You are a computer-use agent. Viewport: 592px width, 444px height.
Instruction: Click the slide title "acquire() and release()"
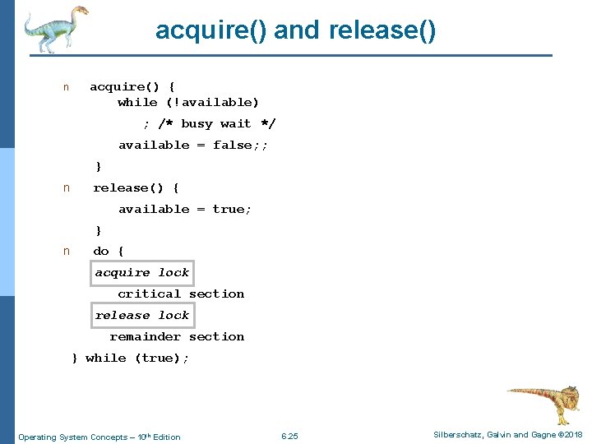point(296,30)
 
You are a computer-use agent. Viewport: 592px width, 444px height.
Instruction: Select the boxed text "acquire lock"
point(142,272)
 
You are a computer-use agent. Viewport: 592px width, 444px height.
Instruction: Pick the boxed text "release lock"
point(142,315)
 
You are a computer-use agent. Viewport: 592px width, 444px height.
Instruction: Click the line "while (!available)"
point(188,102)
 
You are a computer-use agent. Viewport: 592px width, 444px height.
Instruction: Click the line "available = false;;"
point(193,145)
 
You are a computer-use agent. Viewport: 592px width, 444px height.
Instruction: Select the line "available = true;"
point(185,209)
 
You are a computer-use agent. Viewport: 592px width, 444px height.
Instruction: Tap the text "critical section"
point(181,294)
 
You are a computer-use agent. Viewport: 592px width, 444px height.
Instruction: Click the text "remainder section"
point(177,336)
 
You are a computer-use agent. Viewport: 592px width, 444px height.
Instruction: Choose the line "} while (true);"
point(131,358)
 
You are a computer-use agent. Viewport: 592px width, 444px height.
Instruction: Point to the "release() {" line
point(136,187)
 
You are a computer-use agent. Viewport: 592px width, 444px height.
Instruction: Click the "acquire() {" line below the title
point(132,86)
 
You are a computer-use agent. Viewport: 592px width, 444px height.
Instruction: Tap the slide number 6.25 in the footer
point(289,436)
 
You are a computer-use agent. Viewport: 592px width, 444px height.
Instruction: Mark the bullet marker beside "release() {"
point(67,188)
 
